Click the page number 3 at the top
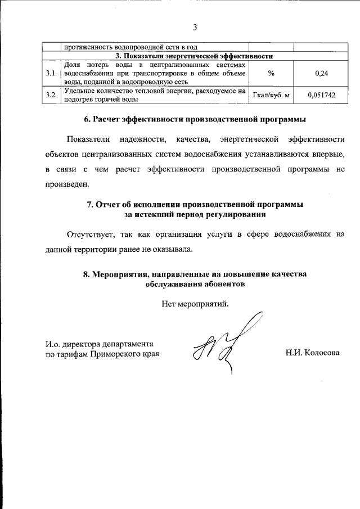pyautogui.click(x=194, y=27)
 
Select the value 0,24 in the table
pyautogui.click(x=322, y=74)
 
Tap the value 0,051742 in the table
pyautogui.click(x=322, y=96)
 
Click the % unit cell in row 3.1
pyautogui.click(x=271, y=74)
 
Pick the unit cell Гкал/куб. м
pyautogui.click(x=271, y=96)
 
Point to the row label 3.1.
pyautogui.click(x=52, y=74)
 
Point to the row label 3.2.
pyautogui.click(x=52, y=96)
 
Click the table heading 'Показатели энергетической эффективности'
pyautogui.click(x=194, y=56)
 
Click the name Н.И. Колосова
pyautogui.click(x=313, y=354)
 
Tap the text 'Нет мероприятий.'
pyautogui.click(x=195, y=304)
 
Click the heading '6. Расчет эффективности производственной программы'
pyautogui.click(x=194, y=119)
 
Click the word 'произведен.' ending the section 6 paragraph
pyautogui.click(x=67, y=184)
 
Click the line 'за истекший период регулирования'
pyautogui.click(x=195, y=214)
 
